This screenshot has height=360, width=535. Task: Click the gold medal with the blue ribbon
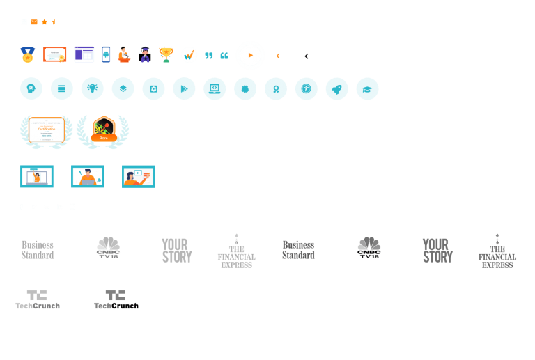28,54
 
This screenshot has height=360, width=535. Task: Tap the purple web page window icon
84,54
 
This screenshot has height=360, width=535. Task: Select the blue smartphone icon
106,54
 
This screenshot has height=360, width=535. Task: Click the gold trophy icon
166,54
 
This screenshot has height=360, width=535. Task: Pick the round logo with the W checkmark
189,54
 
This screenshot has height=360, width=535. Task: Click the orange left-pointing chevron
278,56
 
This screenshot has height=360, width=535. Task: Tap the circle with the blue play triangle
184,88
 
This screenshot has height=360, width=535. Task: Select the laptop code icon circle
215,88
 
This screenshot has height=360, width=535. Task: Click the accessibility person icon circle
306,88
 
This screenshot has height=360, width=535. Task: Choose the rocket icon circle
336,88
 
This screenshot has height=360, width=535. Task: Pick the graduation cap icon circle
367,88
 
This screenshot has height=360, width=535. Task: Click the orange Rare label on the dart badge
104,138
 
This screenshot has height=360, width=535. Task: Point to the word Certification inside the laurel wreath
47,129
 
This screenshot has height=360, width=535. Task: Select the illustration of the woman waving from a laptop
37,176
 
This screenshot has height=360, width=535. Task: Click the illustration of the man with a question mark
88,176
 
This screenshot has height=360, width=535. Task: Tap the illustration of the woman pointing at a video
139,176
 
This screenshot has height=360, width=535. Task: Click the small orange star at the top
44,22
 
